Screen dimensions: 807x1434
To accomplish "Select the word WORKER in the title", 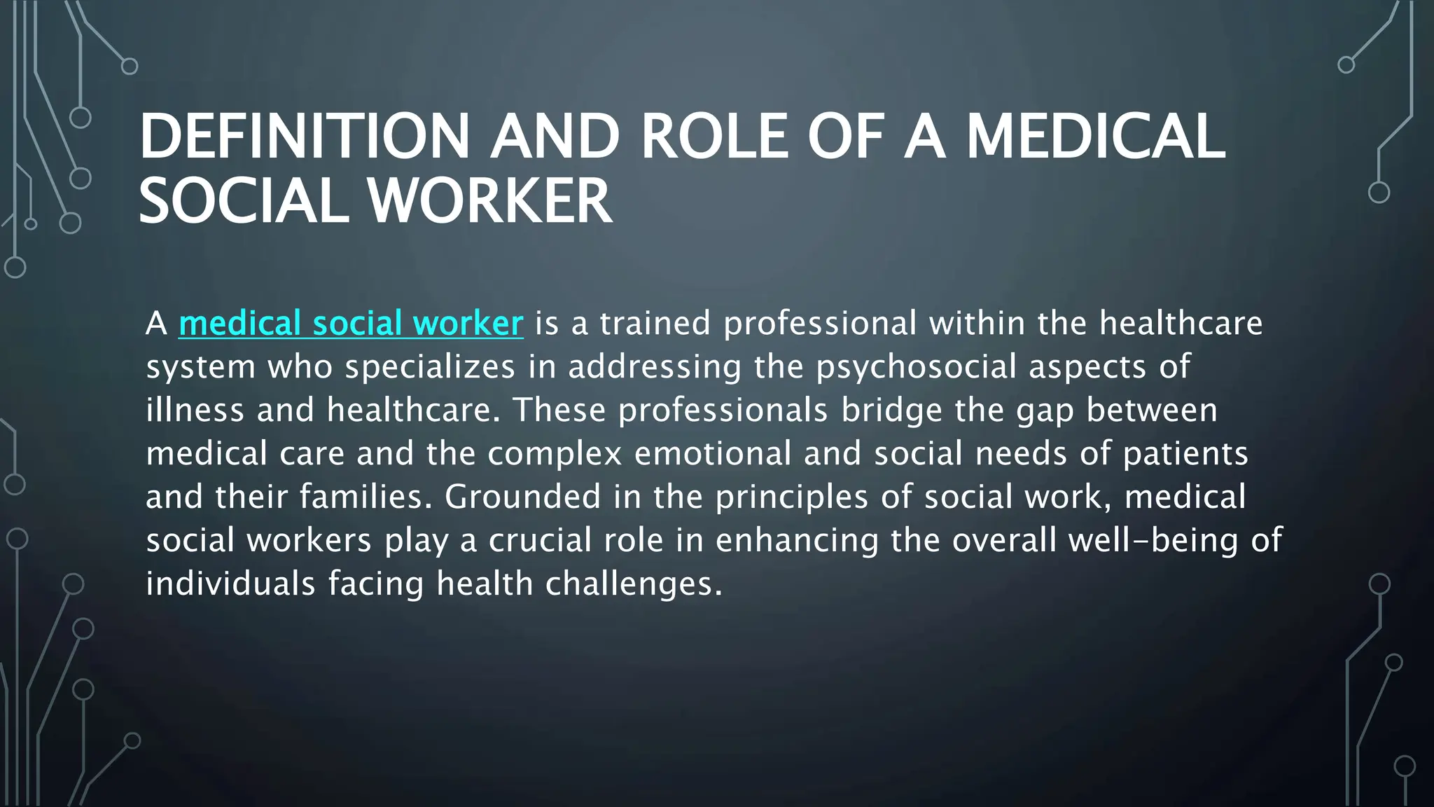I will (x=489, y=202).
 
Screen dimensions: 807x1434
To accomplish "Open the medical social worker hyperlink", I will (x=351, y=324).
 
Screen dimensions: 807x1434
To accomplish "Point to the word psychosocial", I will (x=917, y=367).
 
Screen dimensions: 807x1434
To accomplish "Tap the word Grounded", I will (x=523, y=497).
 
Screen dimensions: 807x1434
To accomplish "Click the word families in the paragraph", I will (x=362, y=497).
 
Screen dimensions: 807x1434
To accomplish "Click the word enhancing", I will (x=797, y=541).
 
